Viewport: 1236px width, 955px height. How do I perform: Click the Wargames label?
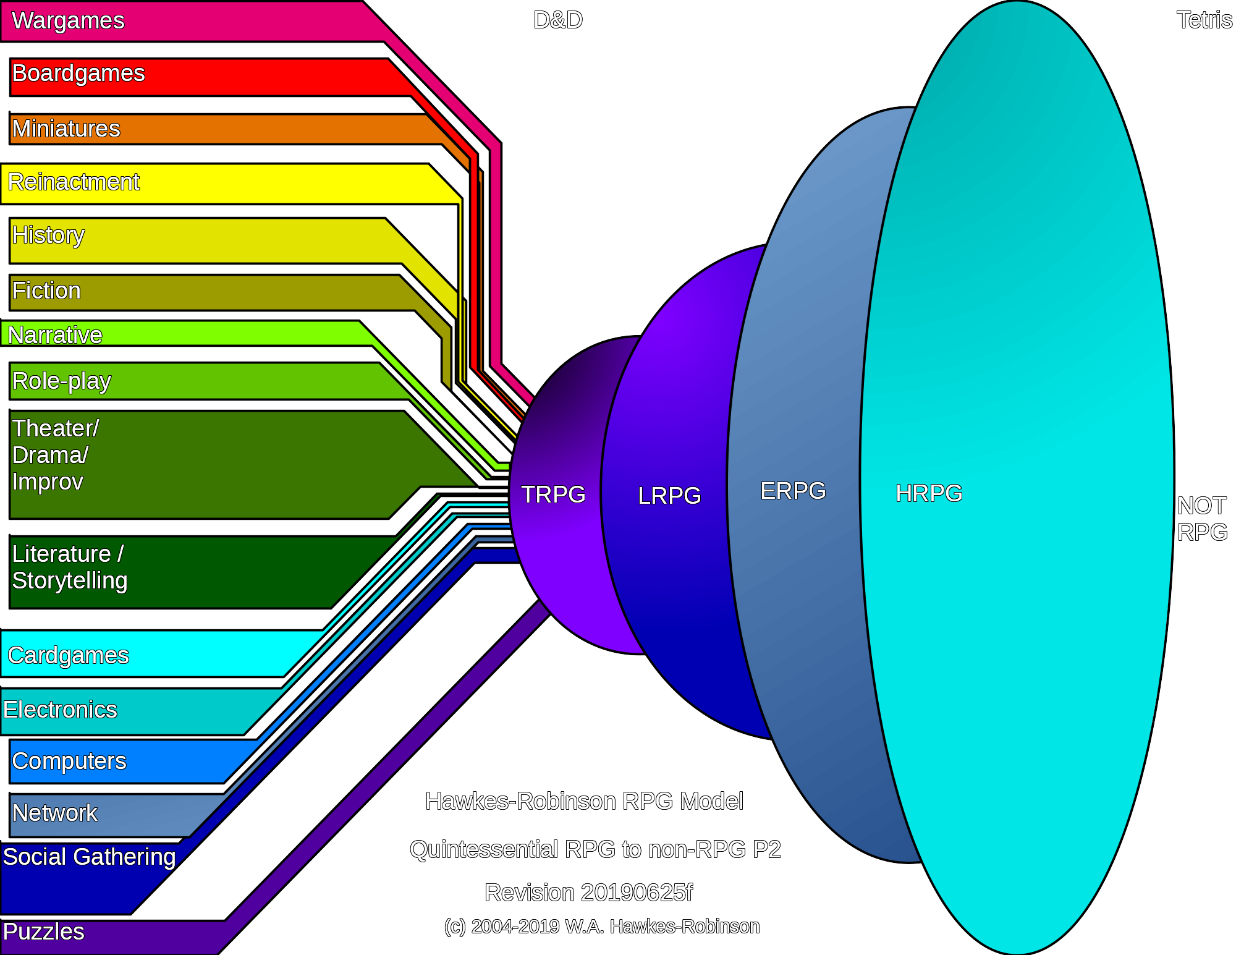[x=68, y=21]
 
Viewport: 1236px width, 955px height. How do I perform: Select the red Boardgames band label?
[x=78, y=74]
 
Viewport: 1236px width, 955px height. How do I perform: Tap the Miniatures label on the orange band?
[x=66, y=129]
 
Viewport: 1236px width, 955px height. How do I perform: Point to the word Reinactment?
[x=74, y=182]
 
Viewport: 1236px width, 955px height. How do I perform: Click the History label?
[x=48, y=236]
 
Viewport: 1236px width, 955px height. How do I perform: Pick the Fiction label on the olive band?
[x=46, y=291]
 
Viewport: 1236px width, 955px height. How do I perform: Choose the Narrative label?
[x=55, y=335]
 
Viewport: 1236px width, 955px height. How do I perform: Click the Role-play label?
[x=62, y=381]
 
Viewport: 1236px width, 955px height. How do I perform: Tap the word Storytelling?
[x=70, y=581]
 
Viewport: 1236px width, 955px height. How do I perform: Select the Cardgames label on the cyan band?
[x=69, y=655]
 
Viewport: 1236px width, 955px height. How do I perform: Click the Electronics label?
[x=60, y=710]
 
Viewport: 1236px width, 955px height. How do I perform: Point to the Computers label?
[x=69, y=762]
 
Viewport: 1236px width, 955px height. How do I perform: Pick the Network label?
[x=55, y=813]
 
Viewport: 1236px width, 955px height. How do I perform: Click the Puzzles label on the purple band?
[x=43, y=932]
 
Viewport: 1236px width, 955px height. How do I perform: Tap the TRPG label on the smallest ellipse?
[x=553, y=494]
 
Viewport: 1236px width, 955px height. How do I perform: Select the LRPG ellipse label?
[x=669, y=496]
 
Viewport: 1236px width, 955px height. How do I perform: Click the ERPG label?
[x=793, y=491]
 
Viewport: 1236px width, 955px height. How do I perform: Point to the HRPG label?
[x=929, y=493]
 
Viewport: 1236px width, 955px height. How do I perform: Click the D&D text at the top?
[x=558, y=20]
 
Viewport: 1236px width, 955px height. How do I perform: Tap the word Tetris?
[x=1204, y=20]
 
